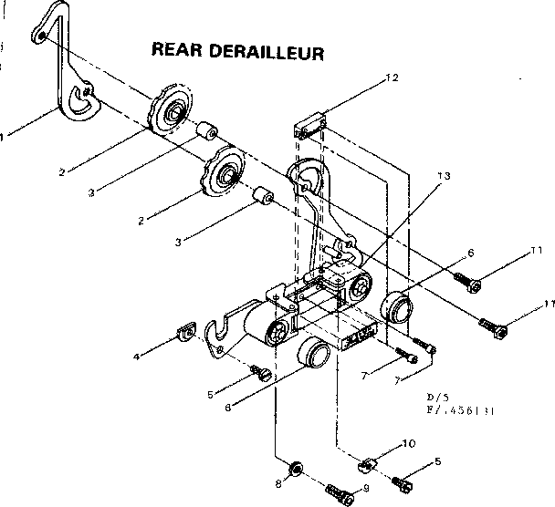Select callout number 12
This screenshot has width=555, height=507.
(393, 78)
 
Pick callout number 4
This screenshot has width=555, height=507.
(137, 357)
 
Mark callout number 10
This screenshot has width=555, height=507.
(409, 444)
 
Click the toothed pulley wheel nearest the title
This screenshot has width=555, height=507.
(171, 112)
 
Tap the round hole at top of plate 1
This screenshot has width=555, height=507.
(41, 36)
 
